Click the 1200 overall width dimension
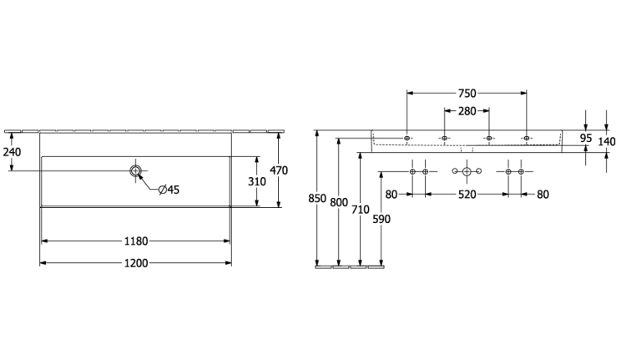pyautogui.click(x=136, y=263)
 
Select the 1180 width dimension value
pyautogui.click(x=136, y=241)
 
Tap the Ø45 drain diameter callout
pyautogui.click(x=169, y=190)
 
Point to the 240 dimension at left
pyautogui.click(x=12, y=152)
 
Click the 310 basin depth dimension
pyautogui.click(x=257, y=181)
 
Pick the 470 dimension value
pyautogui.click(x=279, y=170)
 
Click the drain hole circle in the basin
pyautogui.click(x=136, y=171)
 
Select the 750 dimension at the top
pyautogui.click(x=467, y=93)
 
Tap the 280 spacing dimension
pyautogui.click(x=467, y=111)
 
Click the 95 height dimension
pyautogui.click(x=586, y=139)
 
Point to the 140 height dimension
pyautogui.click(x=607, y=141)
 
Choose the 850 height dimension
pyautogui.click(x=317, y=198)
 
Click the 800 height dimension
pyautogui.click(x=339, y=202)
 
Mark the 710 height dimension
pyautogui.click(x=360, y=209)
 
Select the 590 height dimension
pyautogui.click(x=381, y=219)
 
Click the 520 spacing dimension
pyautogui.click(x=467, y=195)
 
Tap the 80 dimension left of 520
pyautogui.click(x=391, y=195)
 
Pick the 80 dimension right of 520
pyautogui.click(x=543, y=195)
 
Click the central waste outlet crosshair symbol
pyautogui.click(x=467, y=171)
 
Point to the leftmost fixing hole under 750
pyautogui.click(x=406, y=138)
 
